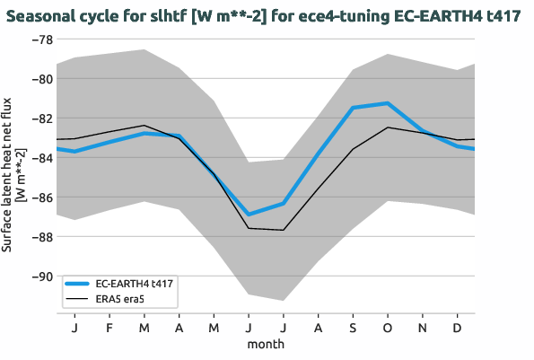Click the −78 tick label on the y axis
click(x=40, y=40)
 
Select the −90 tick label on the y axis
click(x=40, y=277)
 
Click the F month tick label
click(x=109, y=327)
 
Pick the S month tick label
click(x=353, y=327)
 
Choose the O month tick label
click(x=388, y=327)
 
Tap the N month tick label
click(x=423, y=327)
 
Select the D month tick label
click(x=458, y=327)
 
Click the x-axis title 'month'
click(x=266, y=343)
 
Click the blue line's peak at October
click(x=388, y=103)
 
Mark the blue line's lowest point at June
click(x=249, y=215)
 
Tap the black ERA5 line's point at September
click(x=353, y=149)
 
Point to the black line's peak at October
click(x=388, y=127)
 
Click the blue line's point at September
click(x=353, y=108)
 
